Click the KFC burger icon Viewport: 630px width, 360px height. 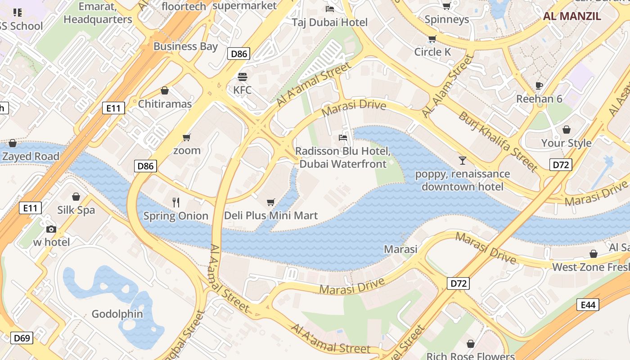click(243, 76)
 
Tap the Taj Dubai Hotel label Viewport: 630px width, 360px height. click(330, 22)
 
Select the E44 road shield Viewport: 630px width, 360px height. click(588, 305)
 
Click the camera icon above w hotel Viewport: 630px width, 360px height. click(51, 229)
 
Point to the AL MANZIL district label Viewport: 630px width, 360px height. click(572, 16)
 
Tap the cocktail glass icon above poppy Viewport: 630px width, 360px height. click(462, 160)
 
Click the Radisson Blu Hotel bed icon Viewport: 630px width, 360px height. click(343, 137)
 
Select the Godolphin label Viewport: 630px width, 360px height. click(117, 314)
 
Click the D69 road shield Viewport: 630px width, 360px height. click(22, 337)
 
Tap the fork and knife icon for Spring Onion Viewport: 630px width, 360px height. click(176, 202)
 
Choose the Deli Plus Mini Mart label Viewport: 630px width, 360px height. click(271, 216)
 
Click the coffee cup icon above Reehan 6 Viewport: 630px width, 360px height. click(539, 85)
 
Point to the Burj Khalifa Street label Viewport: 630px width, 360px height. click(498, 141)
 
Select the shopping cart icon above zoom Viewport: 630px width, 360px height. click(187, 137)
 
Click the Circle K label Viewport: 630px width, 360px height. click(432, 52)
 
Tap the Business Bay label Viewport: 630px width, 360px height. click(185, 46)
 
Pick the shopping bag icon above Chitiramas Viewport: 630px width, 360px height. click(165, 90)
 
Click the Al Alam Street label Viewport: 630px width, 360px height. click(448, 86)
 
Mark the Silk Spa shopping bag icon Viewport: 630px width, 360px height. click(76, 197)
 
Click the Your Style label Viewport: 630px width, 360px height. click(566, 143)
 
